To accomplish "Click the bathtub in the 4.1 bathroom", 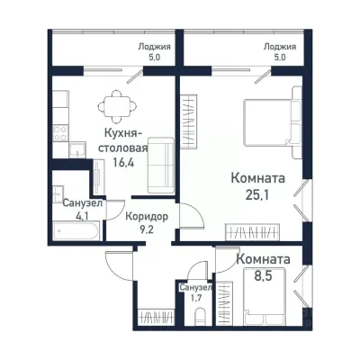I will pos(76,230).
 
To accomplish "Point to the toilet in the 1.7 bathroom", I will pos(202,316).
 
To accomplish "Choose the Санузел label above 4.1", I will pos(82,203).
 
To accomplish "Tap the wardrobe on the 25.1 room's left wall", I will pos(188,121).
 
